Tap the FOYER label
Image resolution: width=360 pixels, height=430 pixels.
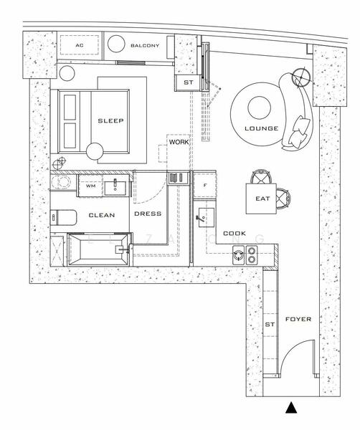[x=298, y=319]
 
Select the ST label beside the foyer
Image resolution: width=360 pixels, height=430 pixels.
[x=270, y=324]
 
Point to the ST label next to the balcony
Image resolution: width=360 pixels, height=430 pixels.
[x=189, y=83]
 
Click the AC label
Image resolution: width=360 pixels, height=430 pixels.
[x=80, y=46]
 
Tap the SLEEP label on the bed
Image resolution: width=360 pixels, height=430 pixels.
[x=111, y=121]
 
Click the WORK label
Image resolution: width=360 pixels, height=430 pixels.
[x=178, y=143]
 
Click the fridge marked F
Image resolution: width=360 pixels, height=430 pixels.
[x=204, y=185]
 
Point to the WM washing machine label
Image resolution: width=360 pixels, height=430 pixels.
[x=90, y=186]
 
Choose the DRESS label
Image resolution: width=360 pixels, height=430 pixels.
[x=148, y=214]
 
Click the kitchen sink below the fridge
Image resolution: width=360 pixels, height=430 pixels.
[x=208, y=216]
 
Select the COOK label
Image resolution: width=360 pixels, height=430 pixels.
[x=234, y=234]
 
